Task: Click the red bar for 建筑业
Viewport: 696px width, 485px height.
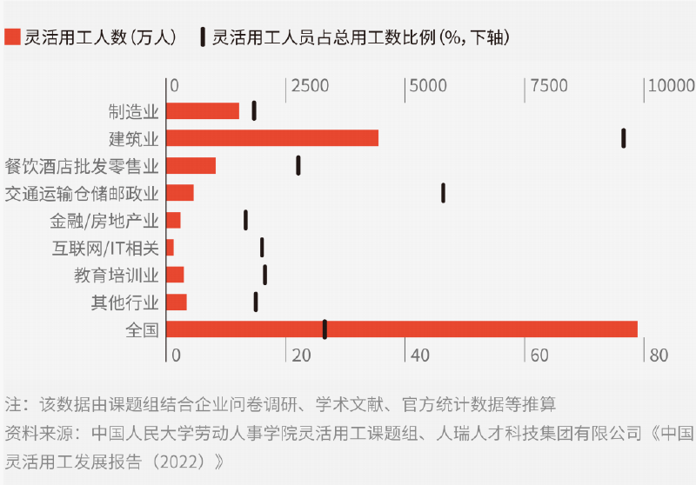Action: (271, 138)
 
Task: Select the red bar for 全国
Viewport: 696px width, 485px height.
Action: (401, 329)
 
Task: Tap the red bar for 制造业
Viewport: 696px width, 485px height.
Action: (202, 110)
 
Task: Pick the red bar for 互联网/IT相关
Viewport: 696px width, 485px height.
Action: (170, 248)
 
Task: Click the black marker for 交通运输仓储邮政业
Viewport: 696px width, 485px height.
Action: (443, 193)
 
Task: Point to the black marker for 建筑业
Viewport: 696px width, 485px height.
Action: (624, 138)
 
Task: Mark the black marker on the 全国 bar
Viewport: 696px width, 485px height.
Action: (325, 329)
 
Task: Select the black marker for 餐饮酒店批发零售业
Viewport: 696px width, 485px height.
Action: (298, 165)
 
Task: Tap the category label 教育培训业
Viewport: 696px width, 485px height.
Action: (117, 276)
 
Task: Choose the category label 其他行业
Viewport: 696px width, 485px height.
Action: (125, 302)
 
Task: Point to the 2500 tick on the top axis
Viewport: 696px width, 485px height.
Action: (310, 86)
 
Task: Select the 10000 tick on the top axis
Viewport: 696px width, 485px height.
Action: (670, 86)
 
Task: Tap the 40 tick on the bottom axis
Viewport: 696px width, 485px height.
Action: (420, 355)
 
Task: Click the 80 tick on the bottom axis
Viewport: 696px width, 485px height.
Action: (658, 355)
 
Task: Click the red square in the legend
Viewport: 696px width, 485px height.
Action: (11, 37)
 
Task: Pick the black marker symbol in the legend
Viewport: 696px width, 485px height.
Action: (202, 37)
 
